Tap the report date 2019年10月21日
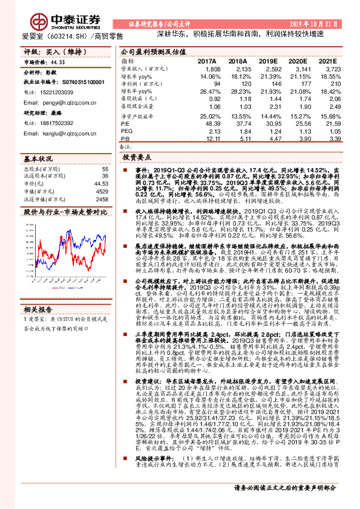[x=322, y=23]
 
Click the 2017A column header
[x=206, y=61]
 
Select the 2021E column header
[x=327, y=61]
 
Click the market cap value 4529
[x=101, y=191]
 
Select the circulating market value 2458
[x=101, y=198]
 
